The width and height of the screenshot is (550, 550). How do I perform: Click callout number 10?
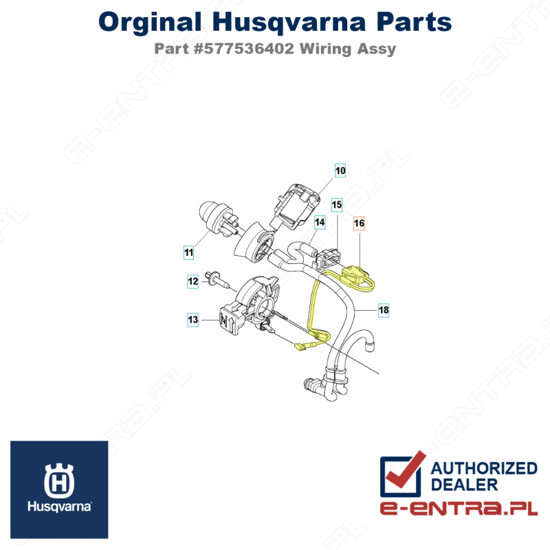click(x=340, y=170)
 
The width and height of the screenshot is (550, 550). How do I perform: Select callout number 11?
click(x=188, y=252)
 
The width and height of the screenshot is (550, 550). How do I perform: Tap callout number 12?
click(x=193, y=281)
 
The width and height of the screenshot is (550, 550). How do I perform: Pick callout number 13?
click(x=193, y=320)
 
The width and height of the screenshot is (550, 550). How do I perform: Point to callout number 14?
click(x=320, y=222)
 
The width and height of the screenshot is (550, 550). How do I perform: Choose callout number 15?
click(x=337, y=204)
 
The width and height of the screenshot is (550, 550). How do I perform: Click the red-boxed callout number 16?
click(x=359, y=223)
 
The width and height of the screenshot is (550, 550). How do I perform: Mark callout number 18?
click(x=384, y=310)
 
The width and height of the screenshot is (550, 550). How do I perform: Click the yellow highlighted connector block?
click(x=353, y=274)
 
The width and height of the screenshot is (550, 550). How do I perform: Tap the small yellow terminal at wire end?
click(x=300, y=348)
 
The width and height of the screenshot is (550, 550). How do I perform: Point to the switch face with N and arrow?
click(x=228, y=320)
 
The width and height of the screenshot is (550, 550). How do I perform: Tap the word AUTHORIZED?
click(x=484, y=468)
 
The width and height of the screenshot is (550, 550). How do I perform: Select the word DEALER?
click(x=464, y=485)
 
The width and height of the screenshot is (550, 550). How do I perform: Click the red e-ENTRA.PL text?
click(x=459, y=509)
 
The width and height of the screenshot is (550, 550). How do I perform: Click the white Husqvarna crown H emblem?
click(x=59, y=481)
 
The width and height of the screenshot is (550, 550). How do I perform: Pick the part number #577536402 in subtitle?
click(x=244, y=49)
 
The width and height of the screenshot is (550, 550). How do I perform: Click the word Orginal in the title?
click(x=150, y=23)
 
